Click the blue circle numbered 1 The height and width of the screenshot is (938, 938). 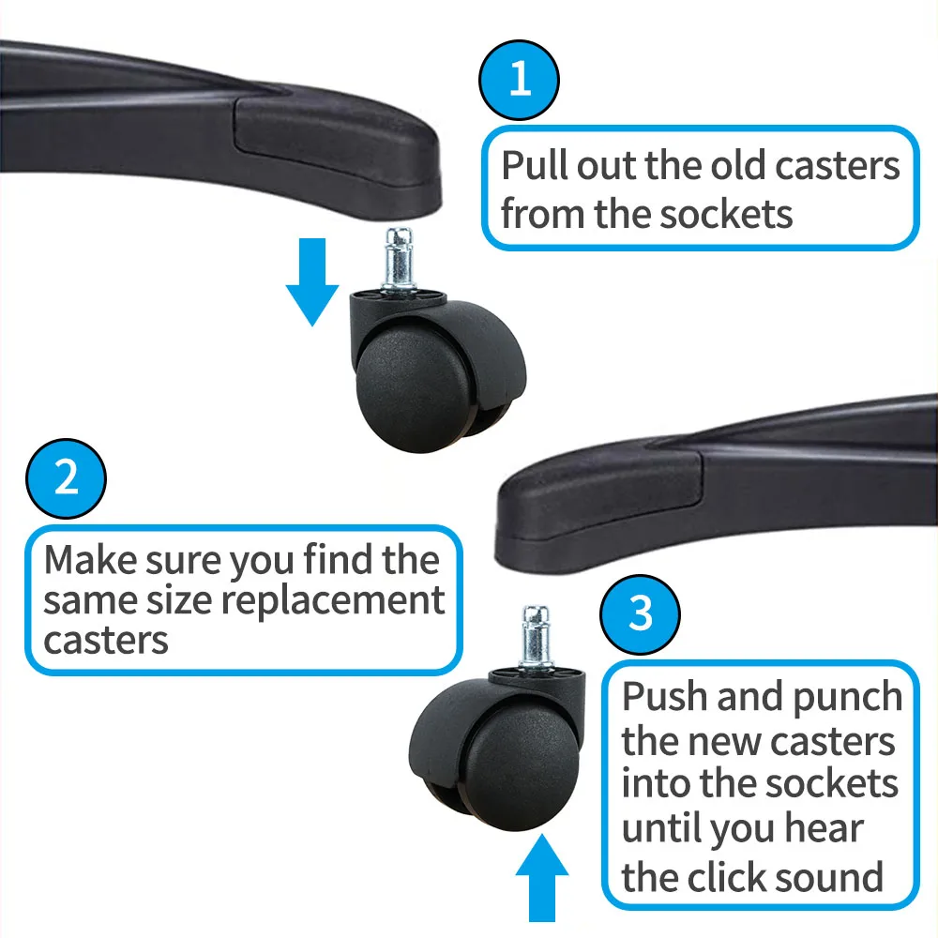(x=520, y=80)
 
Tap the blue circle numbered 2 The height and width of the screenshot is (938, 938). (x=66, y=478)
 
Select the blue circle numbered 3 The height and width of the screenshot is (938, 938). (x=640, y=613)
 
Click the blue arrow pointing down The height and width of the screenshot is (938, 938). (x=312, y=281)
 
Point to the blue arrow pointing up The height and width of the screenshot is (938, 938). (x=542, y=878)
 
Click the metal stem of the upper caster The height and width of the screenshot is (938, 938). (x=399, y=259)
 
